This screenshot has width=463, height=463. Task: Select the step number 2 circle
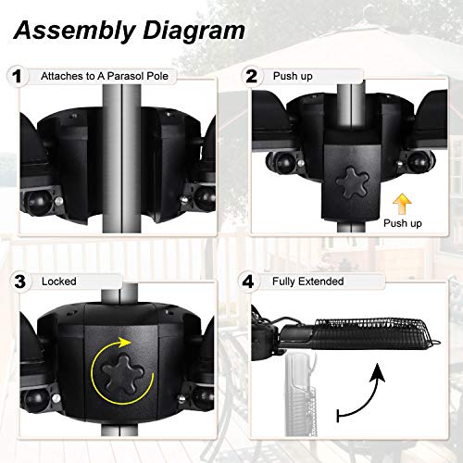coord(250,75)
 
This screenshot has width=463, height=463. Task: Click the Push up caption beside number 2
coord(292,76)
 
